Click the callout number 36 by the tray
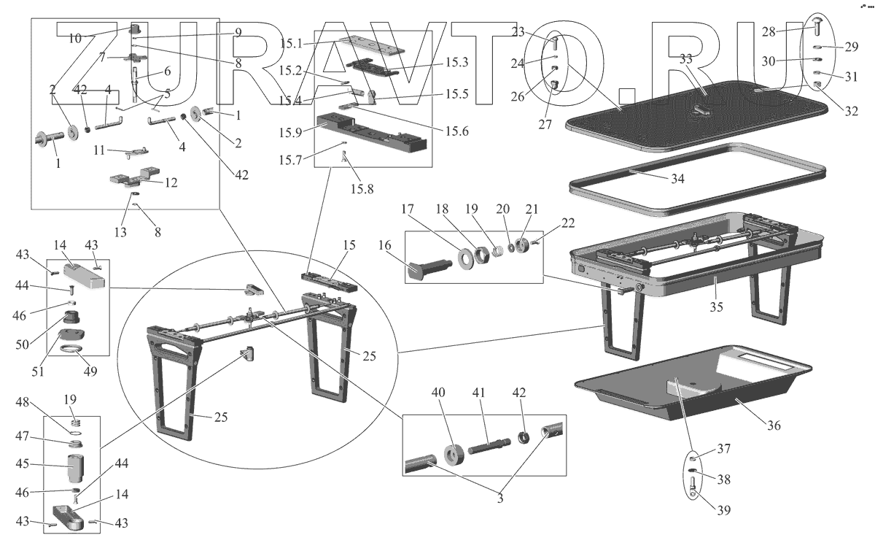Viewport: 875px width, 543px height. tap(773, 425)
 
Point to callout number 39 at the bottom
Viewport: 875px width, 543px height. tap(722, 509)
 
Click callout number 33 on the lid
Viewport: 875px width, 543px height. tap(687, 59)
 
